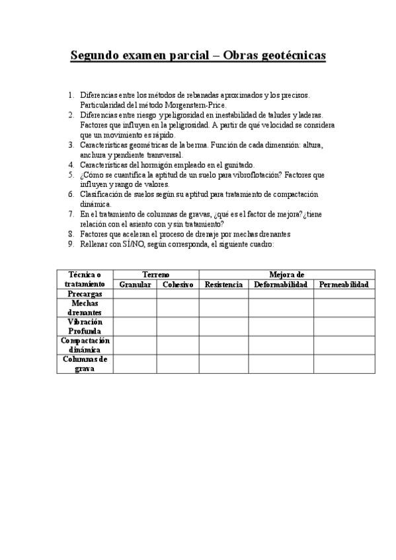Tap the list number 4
71,165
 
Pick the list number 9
71,244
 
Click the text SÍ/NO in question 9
131,244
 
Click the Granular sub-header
135,285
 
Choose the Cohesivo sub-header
178,285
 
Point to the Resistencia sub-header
223,285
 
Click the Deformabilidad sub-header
281,285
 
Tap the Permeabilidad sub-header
344,285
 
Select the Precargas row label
85,294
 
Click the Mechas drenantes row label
85,308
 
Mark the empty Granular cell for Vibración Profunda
135,326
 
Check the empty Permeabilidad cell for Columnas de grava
344,364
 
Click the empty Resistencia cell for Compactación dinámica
223,345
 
